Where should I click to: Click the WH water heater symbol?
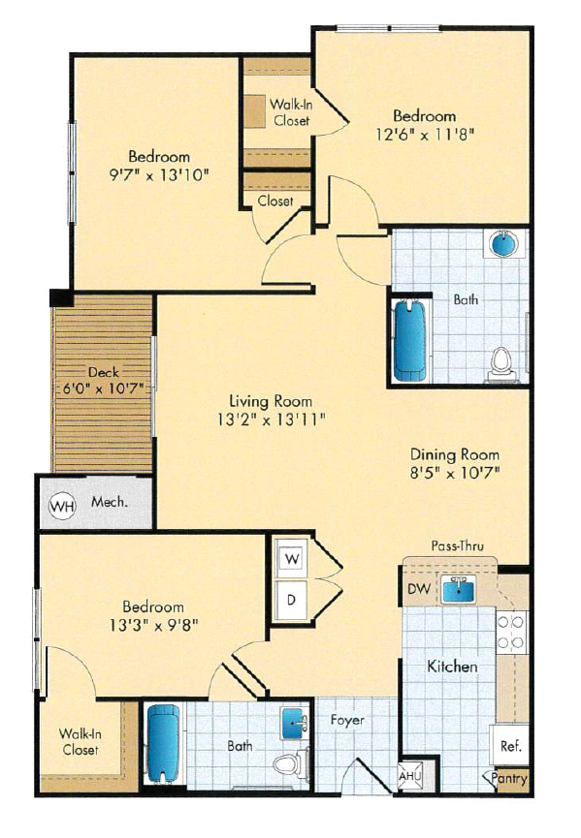pyautogui.click(x=62, y=505)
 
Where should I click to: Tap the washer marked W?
pyautogui.click(x=291, y=558)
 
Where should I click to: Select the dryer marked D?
pyautogui.click(x=291, y=599)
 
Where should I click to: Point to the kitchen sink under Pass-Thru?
pyautogui.click(x=455, y=589)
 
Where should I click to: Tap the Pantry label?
pyautogui.click(x=509, y=778)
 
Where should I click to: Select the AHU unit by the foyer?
pyautogui.click(x=411, y=776)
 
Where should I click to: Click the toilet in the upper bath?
pyautogui.click(x=501, y=361)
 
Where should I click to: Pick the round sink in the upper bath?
pyautogui.click(x=505, y=243)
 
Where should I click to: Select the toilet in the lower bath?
pyautogui.click(x=288, y=765)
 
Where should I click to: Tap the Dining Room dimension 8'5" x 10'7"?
pyautogui.click(x=455, y=474)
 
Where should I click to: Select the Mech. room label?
pyautogui.click(x=109, y=504)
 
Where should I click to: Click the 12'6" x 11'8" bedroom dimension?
pyautogui.click(x=427, y=134)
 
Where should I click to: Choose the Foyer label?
pyautogui.click(x=346, y=720)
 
